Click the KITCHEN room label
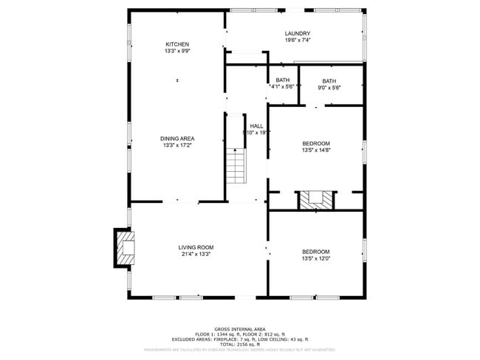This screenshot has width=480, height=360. point(177,44)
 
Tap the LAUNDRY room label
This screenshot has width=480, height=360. point(297,33)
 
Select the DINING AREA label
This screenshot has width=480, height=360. point(177,138)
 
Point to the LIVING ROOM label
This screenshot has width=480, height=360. point(196,247)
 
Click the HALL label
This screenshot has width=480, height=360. point(256,126)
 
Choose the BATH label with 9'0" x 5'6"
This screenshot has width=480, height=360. point(329,81)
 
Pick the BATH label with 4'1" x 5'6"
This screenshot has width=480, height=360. point(282,80)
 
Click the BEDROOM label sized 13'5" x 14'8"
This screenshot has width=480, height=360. point(315,143)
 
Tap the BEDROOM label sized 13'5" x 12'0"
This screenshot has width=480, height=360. point(315,252)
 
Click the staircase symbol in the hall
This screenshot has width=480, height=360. point(236,165)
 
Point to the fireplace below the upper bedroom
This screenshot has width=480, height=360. point(316,200)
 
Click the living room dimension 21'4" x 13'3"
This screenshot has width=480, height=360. point(196,255)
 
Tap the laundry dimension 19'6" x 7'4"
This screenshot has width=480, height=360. point(297,41)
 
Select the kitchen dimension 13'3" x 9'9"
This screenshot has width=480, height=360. point(177,51)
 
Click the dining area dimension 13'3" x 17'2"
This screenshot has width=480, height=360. point(177,145)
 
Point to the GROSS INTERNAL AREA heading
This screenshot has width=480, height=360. point(239,329)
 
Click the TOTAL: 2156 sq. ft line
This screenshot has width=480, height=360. point(239,345)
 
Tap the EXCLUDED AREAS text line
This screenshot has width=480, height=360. point(239,339)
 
